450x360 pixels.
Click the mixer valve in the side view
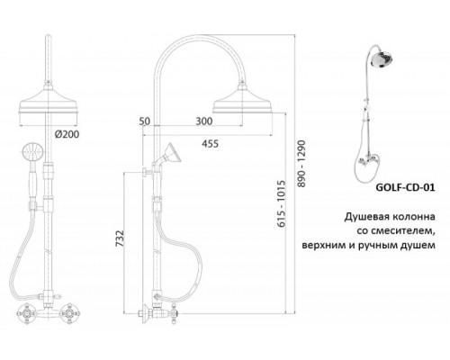(x=148, y=313)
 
